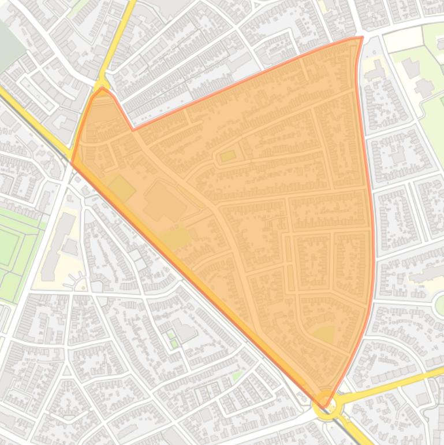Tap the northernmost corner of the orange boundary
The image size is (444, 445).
[361, 38]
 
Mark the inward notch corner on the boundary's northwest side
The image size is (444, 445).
[133, 130]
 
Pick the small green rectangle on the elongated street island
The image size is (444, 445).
[227, 155]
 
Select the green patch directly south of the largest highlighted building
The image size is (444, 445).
[176, 238]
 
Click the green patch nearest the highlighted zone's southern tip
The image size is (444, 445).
[324, 334]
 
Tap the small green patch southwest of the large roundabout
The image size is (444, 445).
[237, 376]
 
